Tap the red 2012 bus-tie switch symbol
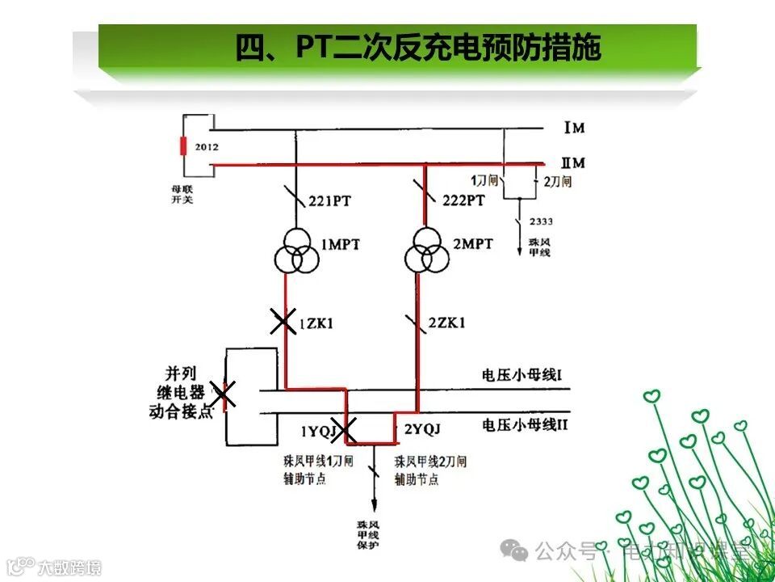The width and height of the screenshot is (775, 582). point(183,146)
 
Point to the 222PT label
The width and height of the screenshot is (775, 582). point(463,200)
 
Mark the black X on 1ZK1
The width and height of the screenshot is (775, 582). point(283,322)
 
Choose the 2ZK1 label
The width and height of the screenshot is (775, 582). point(446,323)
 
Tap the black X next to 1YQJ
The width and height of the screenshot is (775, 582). point(347,430)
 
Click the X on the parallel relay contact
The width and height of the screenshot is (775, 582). point(224,394)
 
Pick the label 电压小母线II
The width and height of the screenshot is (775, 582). point(525,423)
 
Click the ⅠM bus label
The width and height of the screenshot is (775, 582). point(574,129)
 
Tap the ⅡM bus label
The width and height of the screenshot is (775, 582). point(574,163)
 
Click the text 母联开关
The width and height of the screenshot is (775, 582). point(182,194)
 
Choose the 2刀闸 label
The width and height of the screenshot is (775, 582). point(557,182)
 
